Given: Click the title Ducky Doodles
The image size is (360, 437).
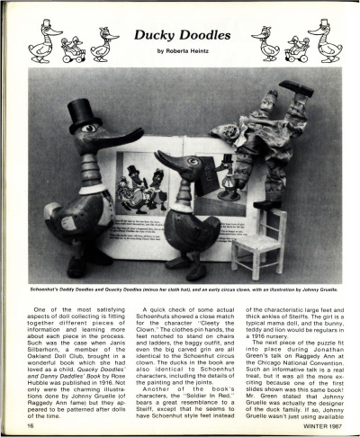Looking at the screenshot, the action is coord(180,35).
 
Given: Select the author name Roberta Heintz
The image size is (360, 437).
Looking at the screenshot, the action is coord(180,51).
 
